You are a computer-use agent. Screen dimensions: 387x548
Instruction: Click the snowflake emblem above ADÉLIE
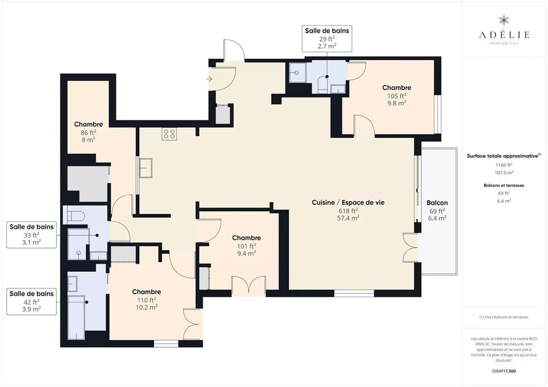pyautogui.click(x=503, y=21)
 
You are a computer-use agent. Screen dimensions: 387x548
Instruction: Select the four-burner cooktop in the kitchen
pyautogui.click(x=169, y=134)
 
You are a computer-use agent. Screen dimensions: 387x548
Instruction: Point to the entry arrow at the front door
pyautogui.click(x=209, y=79)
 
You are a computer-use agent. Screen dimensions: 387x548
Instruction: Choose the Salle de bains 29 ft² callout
pyautogui.click(x=327, y=38)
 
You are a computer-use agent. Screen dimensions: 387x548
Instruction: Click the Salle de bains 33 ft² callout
pyautogui.click(x=32, y=234)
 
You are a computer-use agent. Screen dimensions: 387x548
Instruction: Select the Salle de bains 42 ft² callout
pyautogui.click(x=32, y=301)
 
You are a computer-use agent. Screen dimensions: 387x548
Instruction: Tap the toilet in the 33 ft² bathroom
pyautogui.click(x=76, y=215)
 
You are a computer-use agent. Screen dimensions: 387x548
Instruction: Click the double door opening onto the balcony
pyautogui.click(x=411, y=248)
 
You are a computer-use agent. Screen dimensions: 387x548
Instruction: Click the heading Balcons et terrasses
pyautogui.click(x=503, y=185)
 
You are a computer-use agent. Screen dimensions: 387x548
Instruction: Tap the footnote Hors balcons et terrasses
pyautogui.click(x=503, y=317)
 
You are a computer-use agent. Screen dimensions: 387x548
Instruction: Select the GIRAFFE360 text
pyautogui.click(x=503, y=370)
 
